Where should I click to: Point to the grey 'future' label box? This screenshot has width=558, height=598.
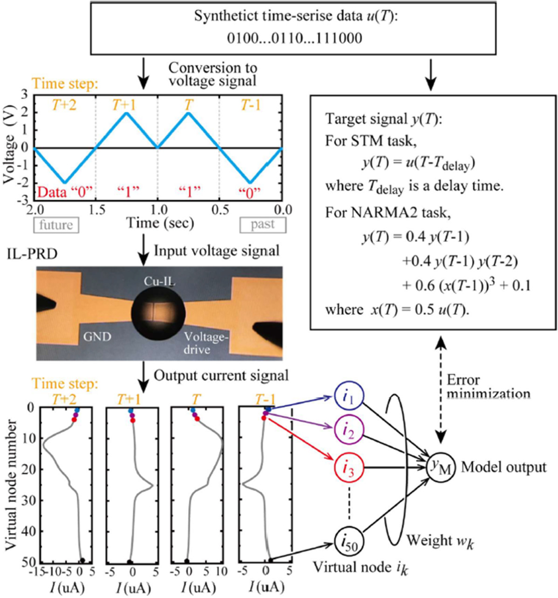(56, 225)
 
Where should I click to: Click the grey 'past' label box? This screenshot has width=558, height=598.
(262, 225)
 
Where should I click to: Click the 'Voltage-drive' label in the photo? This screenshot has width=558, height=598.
(206, 342)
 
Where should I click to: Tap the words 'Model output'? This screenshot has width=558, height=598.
(503, 467)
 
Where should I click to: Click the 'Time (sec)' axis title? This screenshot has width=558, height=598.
(160, 224)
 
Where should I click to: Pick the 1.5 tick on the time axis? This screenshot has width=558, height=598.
(95, 210)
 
